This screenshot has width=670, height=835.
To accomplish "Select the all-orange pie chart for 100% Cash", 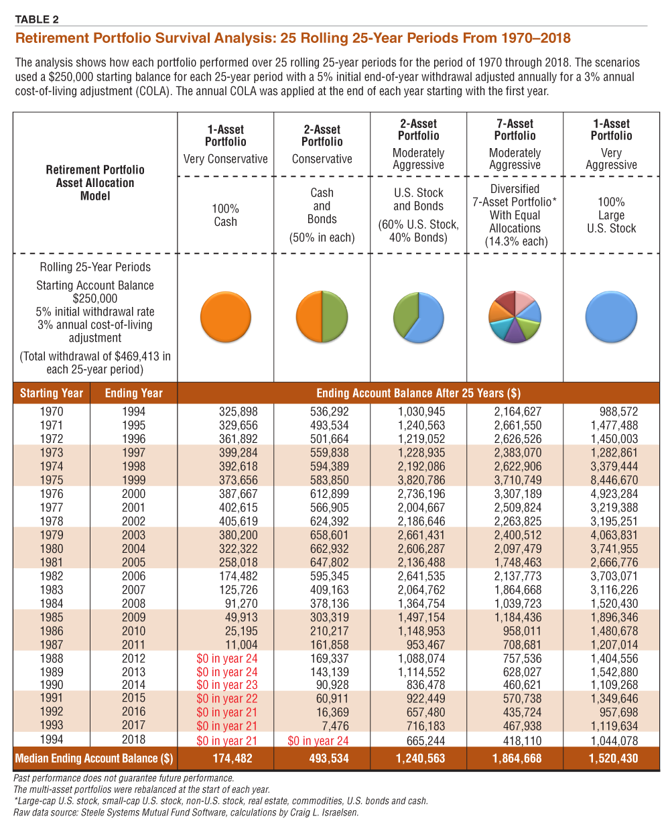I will [226, 317].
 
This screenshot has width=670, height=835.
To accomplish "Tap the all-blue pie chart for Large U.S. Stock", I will [611, 317].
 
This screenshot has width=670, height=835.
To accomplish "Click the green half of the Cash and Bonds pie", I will [334, 317].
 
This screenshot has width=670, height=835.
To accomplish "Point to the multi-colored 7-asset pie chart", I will [515, 317].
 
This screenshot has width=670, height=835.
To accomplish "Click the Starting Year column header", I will [52, 393].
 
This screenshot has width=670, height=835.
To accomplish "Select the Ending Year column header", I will [133, 393].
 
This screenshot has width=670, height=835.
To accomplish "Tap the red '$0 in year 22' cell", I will [226, 698].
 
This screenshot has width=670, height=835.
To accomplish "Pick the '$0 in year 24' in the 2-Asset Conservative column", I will [318, 741].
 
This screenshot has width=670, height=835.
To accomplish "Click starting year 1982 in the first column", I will [52, 576].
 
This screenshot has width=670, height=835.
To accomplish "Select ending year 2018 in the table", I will [133, 739].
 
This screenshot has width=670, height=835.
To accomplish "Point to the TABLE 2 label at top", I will [37, 19].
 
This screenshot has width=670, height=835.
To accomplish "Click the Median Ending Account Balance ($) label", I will [94, 759].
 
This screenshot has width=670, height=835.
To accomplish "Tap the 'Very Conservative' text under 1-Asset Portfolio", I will [226, 159].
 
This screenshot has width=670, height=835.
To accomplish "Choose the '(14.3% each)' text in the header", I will [515, 241].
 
